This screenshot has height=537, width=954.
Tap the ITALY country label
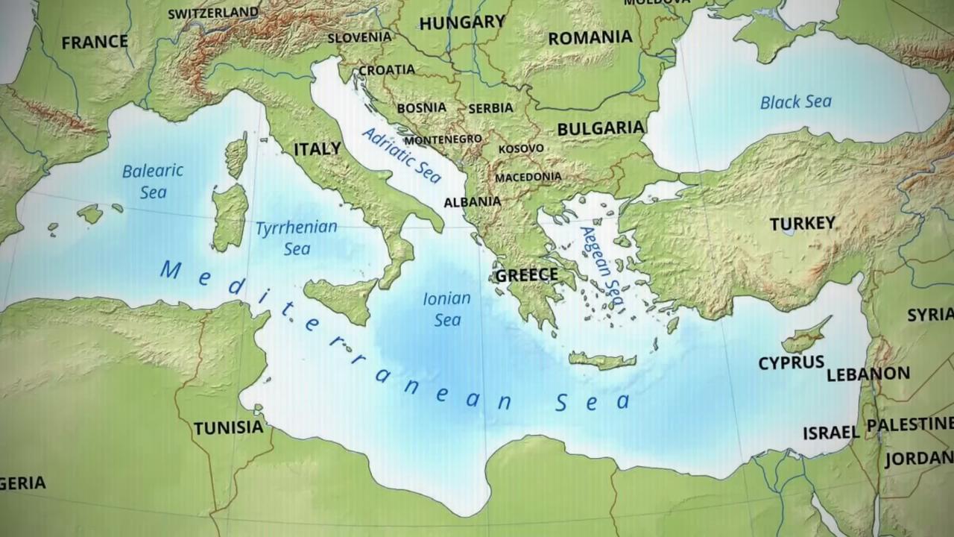(x=317, y=149)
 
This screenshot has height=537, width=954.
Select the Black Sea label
(x=795, y=102)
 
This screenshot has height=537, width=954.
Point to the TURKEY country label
(x=802, y=224)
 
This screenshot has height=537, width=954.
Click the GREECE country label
(x=526, y=275)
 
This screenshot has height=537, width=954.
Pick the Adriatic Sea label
(x=401, y=155)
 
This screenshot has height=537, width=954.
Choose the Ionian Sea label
(x=447, y=309)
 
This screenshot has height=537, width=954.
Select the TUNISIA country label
(x=228, y=428)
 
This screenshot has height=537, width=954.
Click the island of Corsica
(x=236, y=155)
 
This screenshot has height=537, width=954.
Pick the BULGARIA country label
(x=600, y=128)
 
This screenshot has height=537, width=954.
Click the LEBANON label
(x=868, y=374)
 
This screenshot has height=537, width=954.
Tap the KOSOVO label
(x=521, y=149)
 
